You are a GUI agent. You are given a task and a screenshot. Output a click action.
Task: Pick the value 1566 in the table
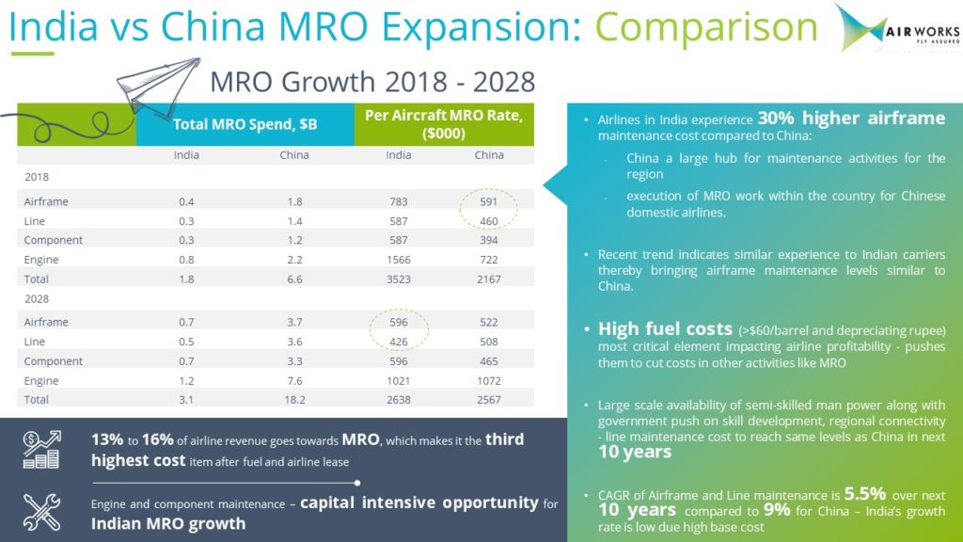(399, 259)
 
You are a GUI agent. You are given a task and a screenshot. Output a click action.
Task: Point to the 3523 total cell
(399, 279)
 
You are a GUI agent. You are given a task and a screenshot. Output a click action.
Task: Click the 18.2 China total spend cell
(294, 401)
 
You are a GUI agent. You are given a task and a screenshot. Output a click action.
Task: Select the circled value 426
(399, 342)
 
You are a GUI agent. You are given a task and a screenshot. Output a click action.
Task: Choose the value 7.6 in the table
(294, 381)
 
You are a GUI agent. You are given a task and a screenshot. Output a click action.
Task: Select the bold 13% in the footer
(107, 440)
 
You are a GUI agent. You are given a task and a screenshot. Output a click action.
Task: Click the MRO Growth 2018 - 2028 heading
(372, 80)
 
